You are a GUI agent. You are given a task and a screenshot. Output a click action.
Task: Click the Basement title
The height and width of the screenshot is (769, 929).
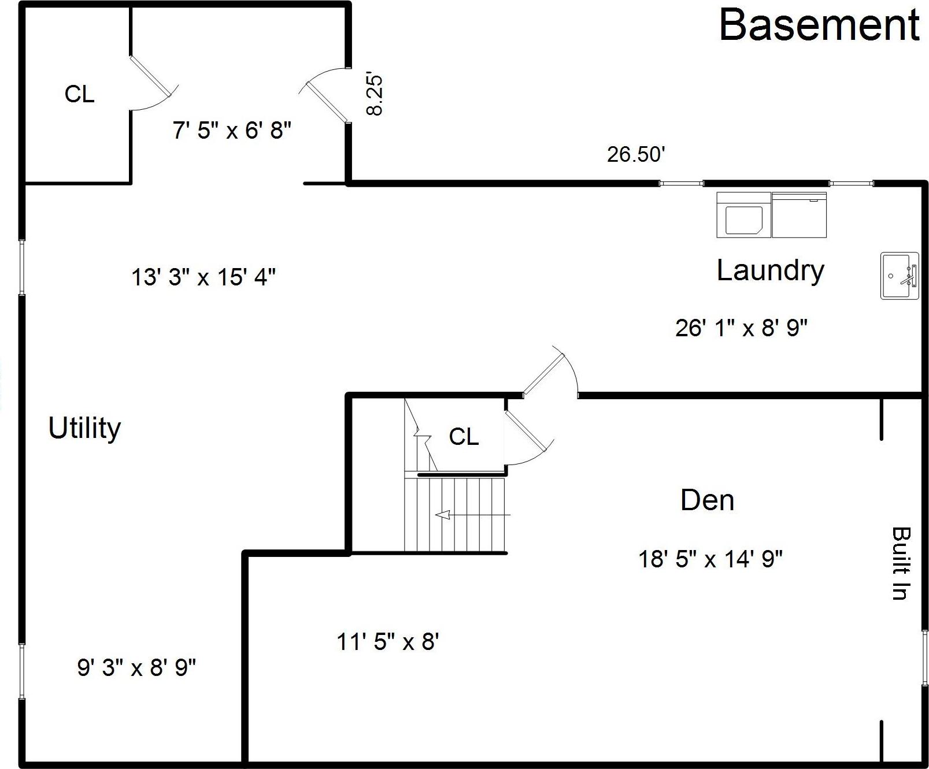click(x=819, y=25)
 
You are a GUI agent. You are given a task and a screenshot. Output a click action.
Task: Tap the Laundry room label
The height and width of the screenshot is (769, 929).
click(x=771, y=271)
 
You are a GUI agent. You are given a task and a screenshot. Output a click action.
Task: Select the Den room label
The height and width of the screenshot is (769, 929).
click(x=707, y=500)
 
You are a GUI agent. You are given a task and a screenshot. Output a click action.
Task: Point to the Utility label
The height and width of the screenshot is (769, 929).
click(x=84, y=429)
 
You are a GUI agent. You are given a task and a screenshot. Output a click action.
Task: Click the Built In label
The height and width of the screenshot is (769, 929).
click(x=901, y=563)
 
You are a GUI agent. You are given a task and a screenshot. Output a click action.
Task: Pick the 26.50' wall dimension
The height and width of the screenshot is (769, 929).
click(x=636, y=154)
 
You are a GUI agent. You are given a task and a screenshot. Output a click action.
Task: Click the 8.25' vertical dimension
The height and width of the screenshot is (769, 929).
click(x=375, y=95)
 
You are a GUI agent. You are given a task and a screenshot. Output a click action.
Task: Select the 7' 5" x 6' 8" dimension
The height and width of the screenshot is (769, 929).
click(x=232, y=130)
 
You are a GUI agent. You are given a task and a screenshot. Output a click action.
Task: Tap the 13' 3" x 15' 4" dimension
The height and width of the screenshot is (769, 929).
click(x=203, y=277)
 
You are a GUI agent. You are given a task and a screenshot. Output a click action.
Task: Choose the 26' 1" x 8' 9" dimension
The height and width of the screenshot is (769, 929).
click(x=741, y=328)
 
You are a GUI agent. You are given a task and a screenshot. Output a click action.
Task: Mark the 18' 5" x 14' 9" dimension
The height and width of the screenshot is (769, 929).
click(x=710, y=559)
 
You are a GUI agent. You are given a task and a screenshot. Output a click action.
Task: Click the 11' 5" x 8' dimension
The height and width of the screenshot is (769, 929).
click(x=388, y=641)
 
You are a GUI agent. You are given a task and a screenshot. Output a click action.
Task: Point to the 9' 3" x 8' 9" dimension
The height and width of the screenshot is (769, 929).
click(x=136, y=667)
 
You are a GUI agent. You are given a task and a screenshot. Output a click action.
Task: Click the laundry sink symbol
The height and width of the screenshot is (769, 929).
click(x=900, y=276)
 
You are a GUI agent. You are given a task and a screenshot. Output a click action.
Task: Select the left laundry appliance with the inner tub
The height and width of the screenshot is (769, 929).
click(x=744, y=215)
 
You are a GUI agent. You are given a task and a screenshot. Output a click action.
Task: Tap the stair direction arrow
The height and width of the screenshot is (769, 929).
click(x=473, y=514)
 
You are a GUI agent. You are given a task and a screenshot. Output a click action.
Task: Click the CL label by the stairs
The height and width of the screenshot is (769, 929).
click(x=464, y=437)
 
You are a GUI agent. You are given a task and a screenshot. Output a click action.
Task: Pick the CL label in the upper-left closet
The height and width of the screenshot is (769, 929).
click(x=79, y=94)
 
